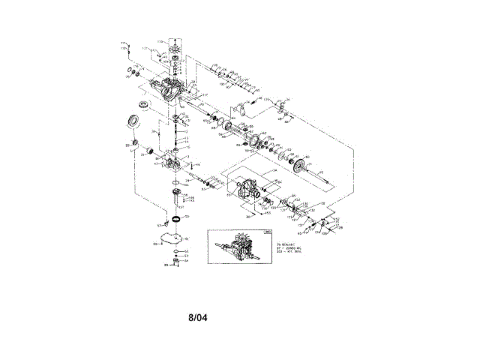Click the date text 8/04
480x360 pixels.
[197, 317]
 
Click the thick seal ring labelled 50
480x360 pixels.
[176, 218]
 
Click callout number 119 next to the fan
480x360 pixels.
[160, 40]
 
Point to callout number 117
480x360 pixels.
[205, 94]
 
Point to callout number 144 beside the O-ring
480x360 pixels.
[185, 184]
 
